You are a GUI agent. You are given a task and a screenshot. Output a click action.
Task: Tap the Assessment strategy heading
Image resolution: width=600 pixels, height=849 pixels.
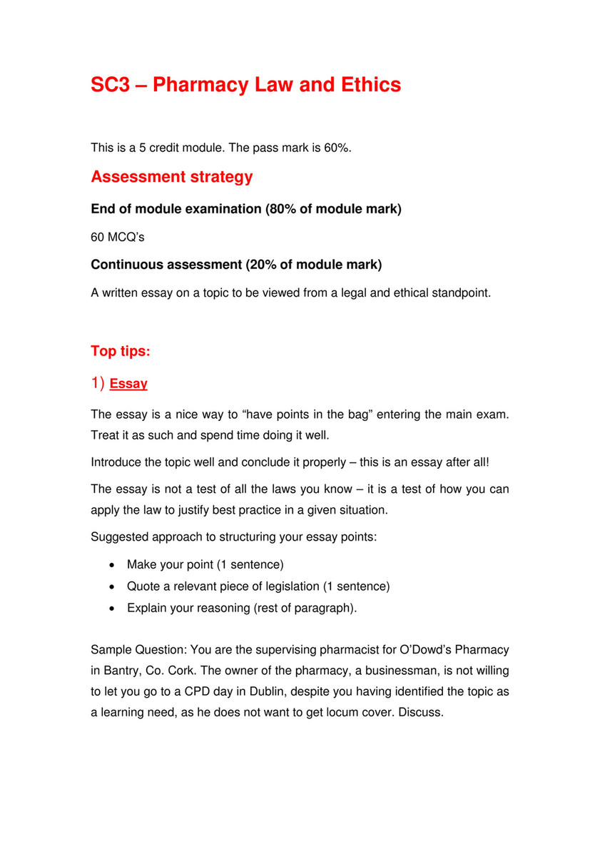pyautogui.click(x=171, y=177)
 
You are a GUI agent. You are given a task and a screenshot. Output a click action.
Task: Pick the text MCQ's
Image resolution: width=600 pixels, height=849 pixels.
pyautogui.click(x=120, y=237)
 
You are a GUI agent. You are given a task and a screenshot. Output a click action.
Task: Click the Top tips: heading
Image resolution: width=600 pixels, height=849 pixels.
pyautogui.click(x=120, y=352)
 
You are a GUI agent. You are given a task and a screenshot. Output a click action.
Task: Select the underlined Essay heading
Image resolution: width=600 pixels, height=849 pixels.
pyautogui.click(x=128, y=384)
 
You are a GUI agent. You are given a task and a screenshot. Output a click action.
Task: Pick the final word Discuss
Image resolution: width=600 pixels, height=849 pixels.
pyautogui.click(x=422, y=713)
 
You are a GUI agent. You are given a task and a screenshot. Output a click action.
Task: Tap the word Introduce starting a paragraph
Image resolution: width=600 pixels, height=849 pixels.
pyautogui.click(x=117, y=462)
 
